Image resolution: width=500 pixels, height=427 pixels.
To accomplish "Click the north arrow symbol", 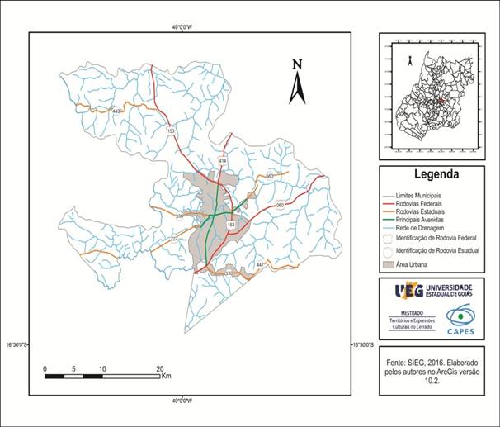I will click(x=297, y=83).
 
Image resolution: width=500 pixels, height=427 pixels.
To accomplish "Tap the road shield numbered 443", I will click(x=116, y=111).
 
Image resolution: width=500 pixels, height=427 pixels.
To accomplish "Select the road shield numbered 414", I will click(x=223, y=160).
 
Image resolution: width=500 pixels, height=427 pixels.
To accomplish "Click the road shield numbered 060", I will click(x=279, y=205).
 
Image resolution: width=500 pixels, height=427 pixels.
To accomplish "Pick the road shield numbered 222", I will click(x=174, y=238).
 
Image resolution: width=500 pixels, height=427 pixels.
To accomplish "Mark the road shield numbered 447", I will click(x=261, y=264).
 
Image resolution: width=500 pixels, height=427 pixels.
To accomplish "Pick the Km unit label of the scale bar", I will click(x=166, y=377).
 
